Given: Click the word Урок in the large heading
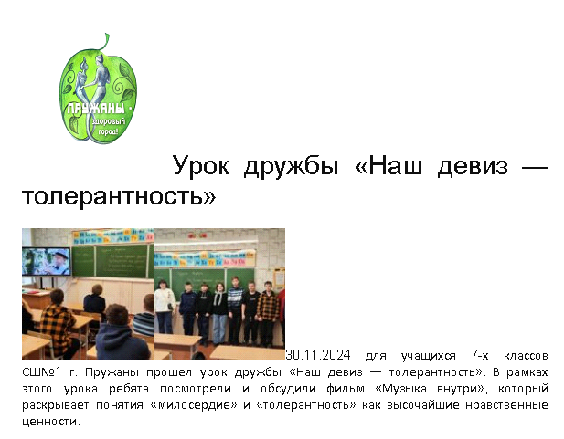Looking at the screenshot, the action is [x=201, y=165].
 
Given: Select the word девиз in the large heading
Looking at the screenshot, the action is [x=473, y=166].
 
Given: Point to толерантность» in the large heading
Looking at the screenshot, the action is [x=119, y=196].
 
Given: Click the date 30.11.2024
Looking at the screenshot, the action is [x=317, y=355].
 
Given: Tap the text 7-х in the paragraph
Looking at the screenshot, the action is [x=480, y=356].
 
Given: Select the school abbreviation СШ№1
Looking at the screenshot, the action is [x=42, y=371].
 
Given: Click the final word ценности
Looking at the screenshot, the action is [x=51, y=422].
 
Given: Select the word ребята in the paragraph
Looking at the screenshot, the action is [x=129, y=389].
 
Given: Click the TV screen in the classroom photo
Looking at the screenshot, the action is [x=47, y=262].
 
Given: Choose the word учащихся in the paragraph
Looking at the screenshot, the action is [x=428, y=356].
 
